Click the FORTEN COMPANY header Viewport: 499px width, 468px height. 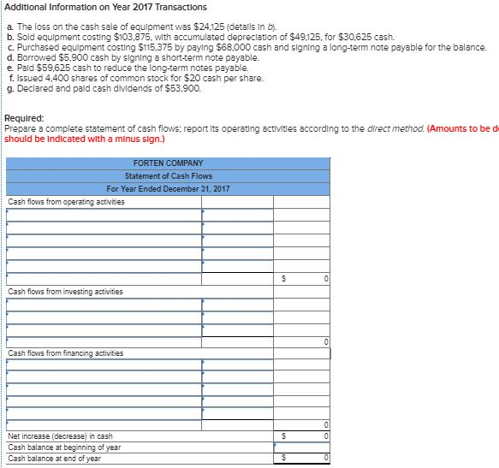(168, 163)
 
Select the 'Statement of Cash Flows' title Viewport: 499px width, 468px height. (168, 175)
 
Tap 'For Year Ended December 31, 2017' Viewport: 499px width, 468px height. (168, 188)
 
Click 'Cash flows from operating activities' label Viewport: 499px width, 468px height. (66, 201)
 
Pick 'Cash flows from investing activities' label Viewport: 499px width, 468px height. (65, 292)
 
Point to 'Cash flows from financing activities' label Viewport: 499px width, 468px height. (65, 352)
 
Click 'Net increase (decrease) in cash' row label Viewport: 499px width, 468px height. (60, 436)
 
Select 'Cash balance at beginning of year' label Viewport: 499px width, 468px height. (64, 447)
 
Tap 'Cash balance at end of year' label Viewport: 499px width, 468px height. (54, 458)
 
